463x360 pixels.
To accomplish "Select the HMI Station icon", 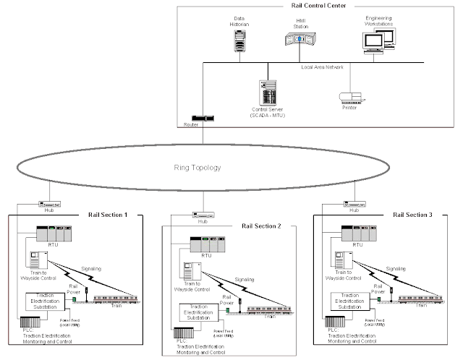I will (304, 40).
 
